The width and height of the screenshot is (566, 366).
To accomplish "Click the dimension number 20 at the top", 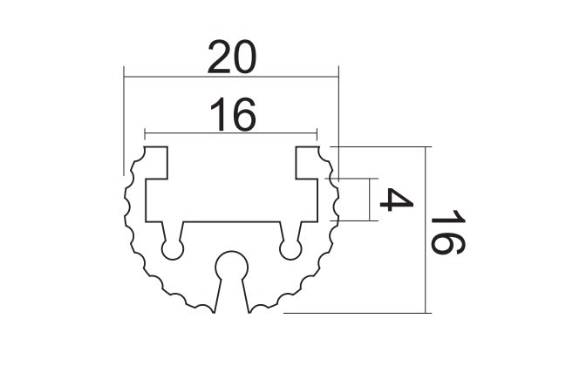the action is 232,58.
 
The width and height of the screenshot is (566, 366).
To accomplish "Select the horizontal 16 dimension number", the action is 233,114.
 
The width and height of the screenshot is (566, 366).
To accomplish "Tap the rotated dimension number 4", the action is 396,199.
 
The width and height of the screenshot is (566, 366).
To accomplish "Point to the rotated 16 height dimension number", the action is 447,232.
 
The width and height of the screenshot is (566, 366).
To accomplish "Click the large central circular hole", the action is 232,268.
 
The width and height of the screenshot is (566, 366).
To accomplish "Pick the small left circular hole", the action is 173,249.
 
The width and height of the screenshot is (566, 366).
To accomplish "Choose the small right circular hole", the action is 290,249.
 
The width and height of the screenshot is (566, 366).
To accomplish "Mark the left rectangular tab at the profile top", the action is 156,162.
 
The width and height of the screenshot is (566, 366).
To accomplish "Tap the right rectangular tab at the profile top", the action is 307,162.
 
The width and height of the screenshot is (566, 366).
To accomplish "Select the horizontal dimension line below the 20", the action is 231,77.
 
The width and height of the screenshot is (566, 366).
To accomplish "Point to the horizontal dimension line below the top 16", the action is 230,133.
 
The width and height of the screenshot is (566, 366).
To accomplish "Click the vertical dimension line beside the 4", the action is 370,199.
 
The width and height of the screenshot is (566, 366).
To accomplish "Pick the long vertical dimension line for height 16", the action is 426,230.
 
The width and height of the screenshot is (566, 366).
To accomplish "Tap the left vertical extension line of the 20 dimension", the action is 124,121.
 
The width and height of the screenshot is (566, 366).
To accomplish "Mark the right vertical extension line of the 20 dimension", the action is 338,124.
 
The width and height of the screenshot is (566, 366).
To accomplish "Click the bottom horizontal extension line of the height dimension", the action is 358,313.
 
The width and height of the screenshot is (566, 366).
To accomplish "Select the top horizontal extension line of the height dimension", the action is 381,146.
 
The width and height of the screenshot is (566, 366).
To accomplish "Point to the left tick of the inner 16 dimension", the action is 145,133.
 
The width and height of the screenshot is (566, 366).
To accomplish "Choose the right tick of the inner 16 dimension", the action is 317,133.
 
